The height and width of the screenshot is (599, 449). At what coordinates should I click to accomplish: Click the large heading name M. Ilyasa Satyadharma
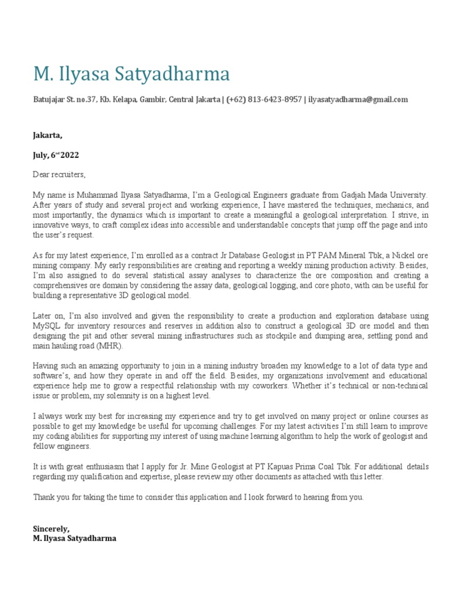coord(132,74)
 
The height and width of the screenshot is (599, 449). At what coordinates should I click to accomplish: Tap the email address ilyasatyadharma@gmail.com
coord(358,99)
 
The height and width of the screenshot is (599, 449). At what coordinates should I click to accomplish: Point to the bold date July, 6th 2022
coord(56,155)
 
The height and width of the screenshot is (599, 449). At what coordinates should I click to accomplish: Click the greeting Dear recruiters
coord(59,174)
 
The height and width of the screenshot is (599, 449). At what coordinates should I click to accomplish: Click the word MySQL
coord(47,326)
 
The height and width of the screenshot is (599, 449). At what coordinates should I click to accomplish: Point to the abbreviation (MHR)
coord(110,346)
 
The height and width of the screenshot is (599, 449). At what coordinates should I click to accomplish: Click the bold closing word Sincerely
coord(51,528)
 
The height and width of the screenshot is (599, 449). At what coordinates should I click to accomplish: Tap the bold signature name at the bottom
coord(75,538)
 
